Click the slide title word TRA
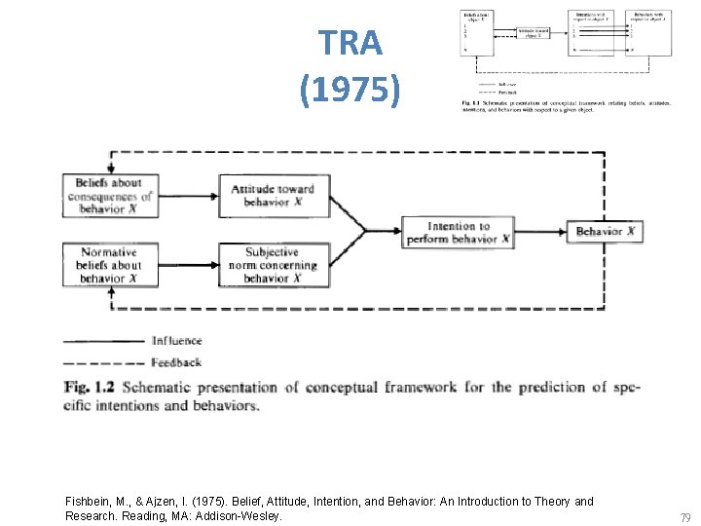point(350,44)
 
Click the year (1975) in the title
point(350,90)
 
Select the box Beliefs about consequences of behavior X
point(110,196)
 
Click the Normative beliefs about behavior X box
point(110,265)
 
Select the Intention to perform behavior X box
point(458,232)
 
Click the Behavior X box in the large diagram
point(605,231)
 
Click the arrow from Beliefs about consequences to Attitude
point(188,196)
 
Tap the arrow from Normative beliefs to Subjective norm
point(188,265)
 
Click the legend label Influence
point(176,341)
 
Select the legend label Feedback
point(176,362)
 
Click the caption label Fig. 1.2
point(90,388)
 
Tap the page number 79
point(684,517)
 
